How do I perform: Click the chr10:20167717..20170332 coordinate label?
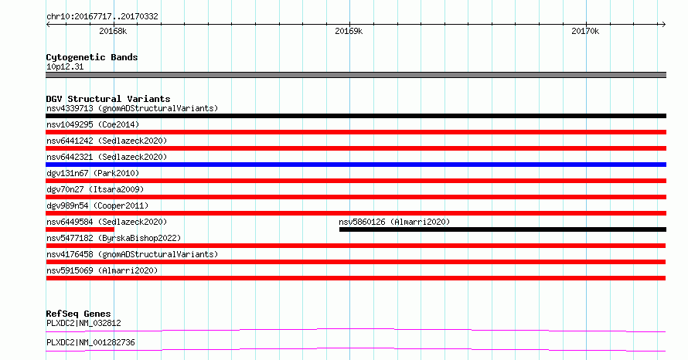tap(102, 17)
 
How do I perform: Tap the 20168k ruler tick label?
tap(113, 31)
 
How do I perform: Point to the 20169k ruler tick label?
tap(349, 31)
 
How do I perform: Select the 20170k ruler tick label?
tap(585, 31)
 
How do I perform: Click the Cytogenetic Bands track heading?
tap(92, 57)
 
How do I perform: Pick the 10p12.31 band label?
tap(65, 66)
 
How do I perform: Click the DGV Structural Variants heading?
tap(108, 99)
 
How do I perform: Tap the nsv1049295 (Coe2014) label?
tap(93, 124)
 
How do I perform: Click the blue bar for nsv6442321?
tap(356, 165)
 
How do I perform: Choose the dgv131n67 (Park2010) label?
tap(93, 173)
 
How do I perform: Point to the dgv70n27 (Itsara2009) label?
tap(95, 189)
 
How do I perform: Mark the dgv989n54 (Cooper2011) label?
tap(97, 205)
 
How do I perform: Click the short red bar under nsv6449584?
tap(80, 229)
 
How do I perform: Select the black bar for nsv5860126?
tap(502, 229)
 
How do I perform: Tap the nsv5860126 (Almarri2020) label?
tap(394, 222)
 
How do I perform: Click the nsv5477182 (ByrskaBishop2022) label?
tap(114, 238)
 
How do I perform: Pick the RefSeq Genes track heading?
tap(79, 314)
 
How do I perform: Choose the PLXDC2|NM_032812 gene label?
tap(83, 323)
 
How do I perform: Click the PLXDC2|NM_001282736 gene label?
tap(90, 342)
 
